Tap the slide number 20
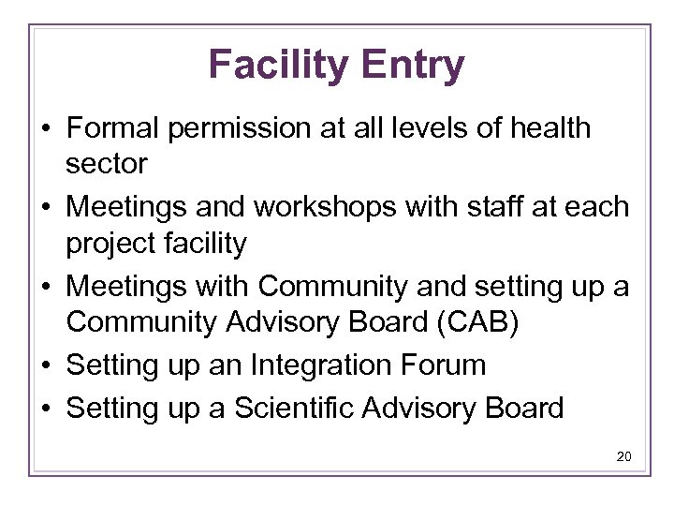pos(624,457)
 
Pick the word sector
pos(107,164)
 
